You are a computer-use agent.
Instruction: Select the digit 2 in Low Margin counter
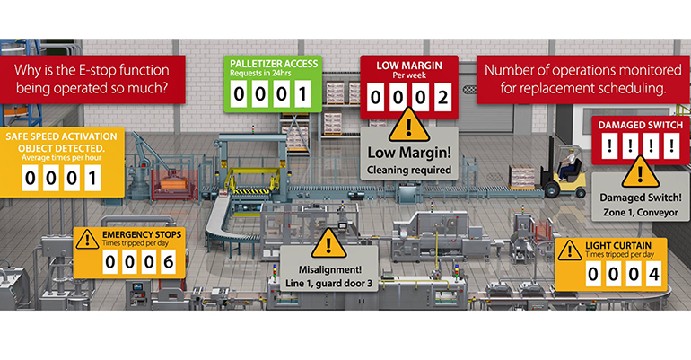point(440,98)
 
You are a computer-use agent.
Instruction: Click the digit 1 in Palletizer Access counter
point(302,93)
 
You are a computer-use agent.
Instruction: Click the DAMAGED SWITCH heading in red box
point(638,124)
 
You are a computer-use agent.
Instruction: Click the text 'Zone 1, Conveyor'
point(639,214)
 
